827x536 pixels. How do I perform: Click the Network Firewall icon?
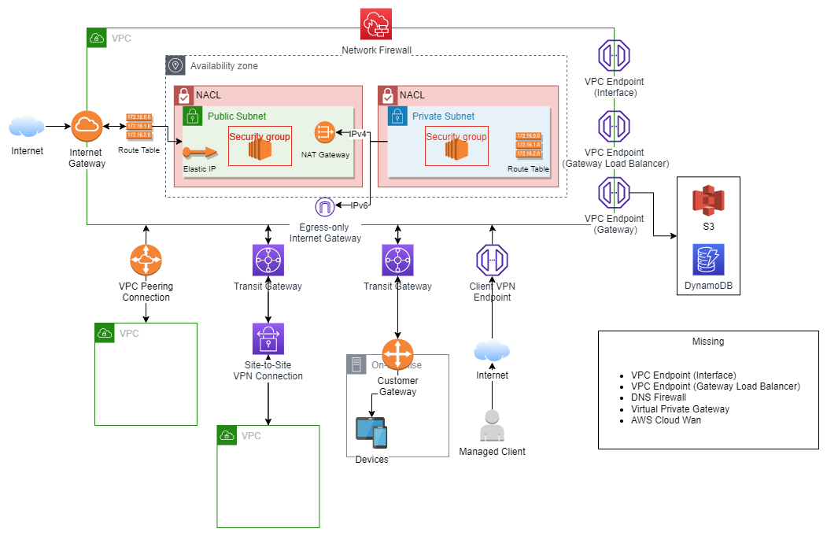pyautogui.click(x=376, y=24)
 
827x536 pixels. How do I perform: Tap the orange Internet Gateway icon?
pyautogui.click(x=87, y=126)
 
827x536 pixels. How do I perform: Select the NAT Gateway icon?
pyautogui.click(x=325, y=132)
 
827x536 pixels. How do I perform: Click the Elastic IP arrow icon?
pyautogui.click(x=199, y=152)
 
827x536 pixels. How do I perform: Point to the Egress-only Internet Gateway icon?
pyautogui.click(x=324, y=207)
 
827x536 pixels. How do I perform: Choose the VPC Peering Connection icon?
pyautogui.click(x=146, y=261)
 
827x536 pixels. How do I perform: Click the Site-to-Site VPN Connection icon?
pyautogui.click(x=268, y=338)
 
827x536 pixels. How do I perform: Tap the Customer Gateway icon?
pyautogui.click(x=397, y=352)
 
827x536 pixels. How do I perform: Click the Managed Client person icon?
pyautogui.click(x=492, y=426)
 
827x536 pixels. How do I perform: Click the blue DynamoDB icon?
pyautogui.click(x=707, y=260)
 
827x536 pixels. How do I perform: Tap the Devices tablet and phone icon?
pyautogui.click(x=371, y=433)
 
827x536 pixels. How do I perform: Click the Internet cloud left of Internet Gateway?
pyautogui.click(x=27, y=126)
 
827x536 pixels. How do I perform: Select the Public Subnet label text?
pyautogui.click(x=237, y=116)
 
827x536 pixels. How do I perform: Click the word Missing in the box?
pyautogui.click(x=708, y=342)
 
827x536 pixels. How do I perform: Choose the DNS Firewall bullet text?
pyautogui.click(x=659, y=397)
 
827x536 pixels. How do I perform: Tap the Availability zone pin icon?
pyautogui.click(x=175, y=65)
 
